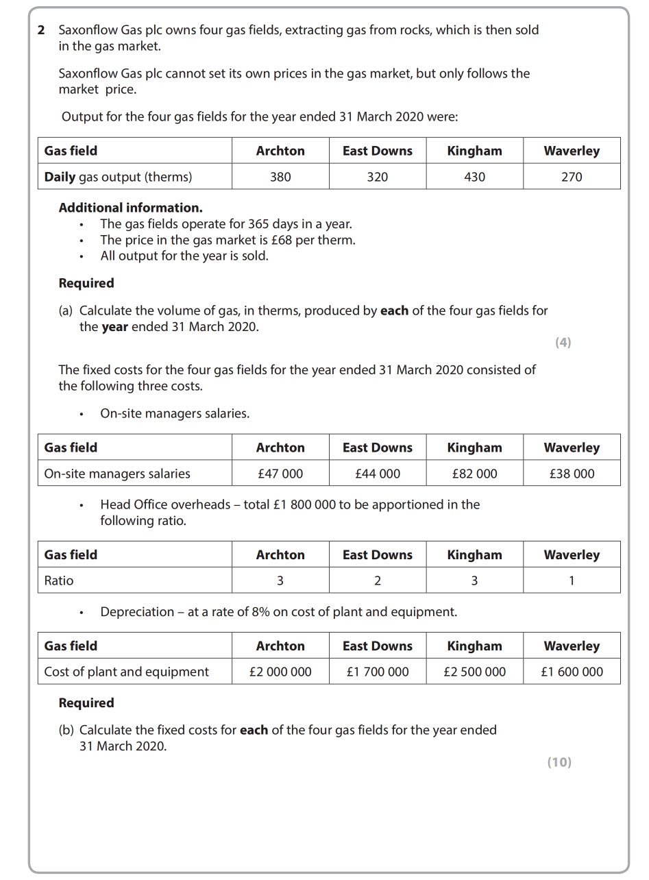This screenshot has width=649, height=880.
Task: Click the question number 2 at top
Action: pos(41,30)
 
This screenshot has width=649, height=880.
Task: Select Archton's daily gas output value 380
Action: pos(280,177)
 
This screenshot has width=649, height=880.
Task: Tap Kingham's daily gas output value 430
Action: pos(474,177)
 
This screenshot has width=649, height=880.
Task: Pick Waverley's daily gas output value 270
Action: pos(572,177)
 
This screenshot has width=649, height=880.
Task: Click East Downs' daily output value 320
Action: pos(377,177)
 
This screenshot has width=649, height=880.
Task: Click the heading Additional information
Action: pos(130,208)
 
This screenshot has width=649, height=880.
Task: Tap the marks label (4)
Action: pos(563,343)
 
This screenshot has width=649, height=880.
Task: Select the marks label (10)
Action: pos(559,762)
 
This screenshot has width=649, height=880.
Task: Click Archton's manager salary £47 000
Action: pos(280,474)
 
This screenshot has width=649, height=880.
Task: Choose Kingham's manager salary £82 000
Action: pos(474,474)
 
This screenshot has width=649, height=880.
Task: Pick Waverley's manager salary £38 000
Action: pos(572,474)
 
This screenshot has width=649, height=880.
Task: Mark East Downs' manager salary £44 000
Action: pos(377,474)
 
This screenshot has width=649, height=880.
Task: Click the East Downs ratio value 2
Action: pos(377,580)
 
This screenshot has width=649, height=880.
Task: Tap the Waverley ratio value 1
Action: pos(572,580)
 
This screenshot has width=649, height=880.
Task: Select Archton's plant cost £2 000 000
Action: pos(280,672)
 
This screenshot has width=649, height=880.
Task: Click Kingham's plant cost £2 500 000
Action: pos(474,672)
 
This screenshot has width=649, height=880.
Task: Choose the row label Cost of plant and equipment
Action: pos(126,672)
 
